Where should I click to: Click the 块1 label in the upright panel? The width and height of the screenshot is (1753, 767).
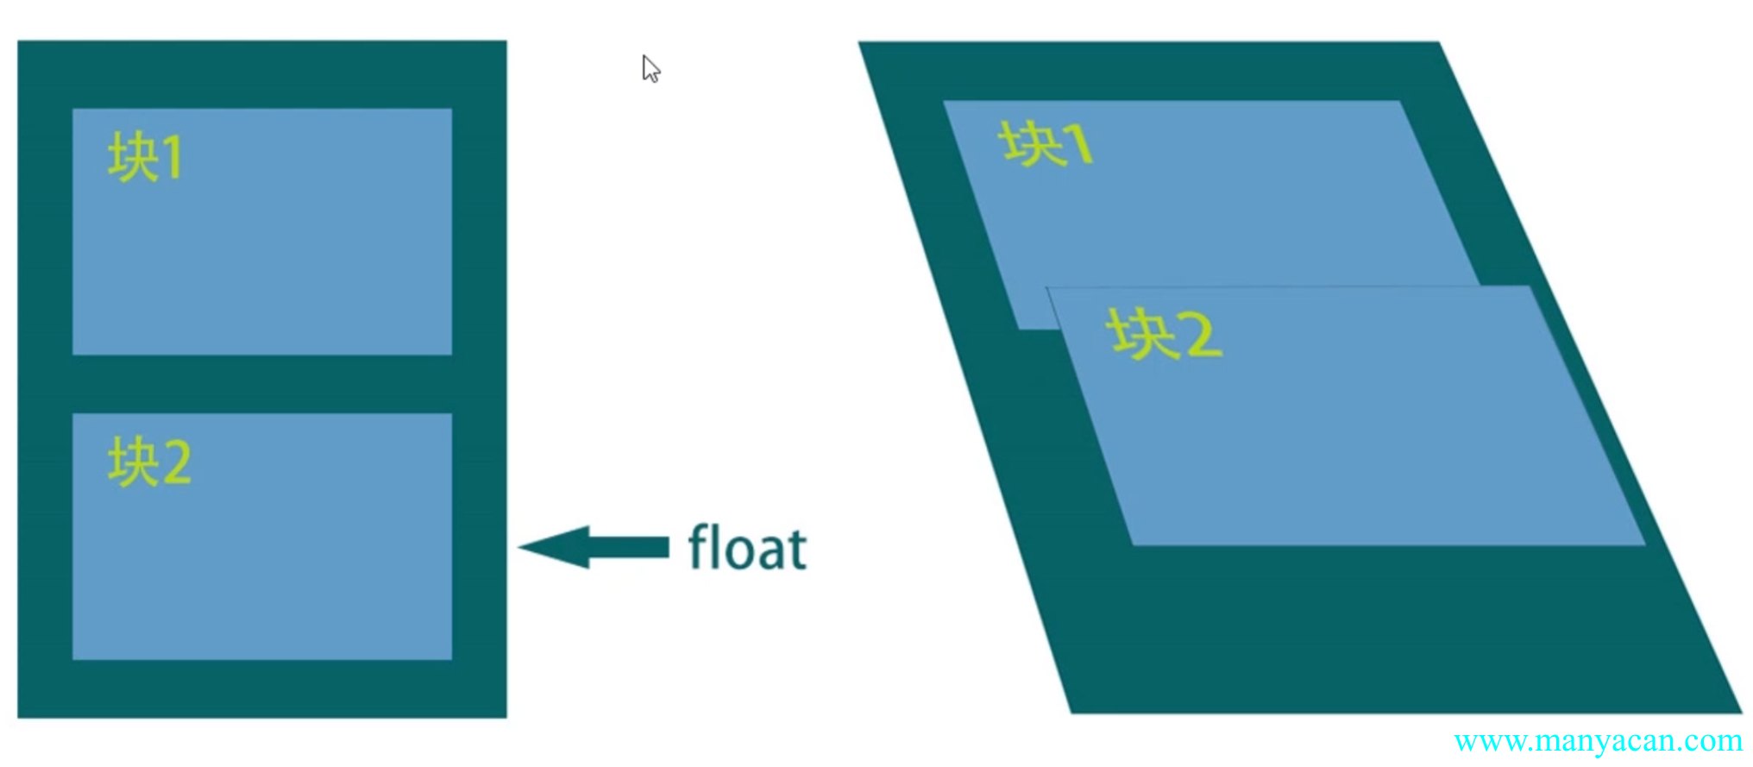[x=145, y=157]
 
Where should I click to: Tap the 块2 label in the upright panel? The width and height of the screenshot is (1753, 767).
[x=149, y=462]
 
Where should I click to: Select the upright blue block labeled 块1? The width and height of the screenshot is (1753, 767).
[x=262, y=250]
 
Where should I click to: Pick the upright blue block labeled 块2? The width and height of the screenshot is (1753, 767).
[x=262, y=552]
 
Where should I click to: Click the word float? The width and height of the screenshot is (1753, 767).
[x=747, y=548]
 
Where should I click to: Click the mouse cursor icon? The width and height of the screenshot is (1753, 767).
[x=650, y=69]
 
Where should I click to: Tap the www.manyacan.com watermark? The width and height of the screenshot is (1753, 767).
[x=1597, y=740]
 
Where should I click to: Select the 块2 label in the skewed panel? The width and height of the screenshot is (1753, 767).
[x=1164, y=334]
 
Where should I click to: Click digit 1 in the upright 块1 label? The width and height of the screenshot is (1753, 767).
[x=172, y=158]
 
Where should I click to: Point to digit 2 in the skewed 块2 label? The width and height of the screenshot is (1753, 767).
[x=1203, y=336]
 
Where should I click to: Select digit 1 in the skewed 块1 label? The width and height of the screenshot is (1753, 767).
[x=1078, y=144]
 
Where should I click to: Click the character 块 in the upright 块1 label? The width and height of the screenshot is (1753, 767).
[x=132, y=157]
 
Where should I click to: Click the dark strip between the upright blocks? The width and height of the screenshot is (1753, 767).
[x=262, y=384]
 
